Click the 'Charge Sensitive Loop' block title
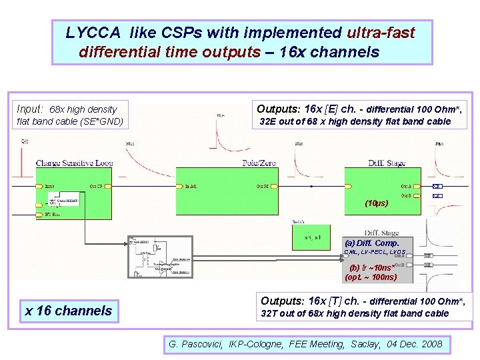pyautogui.click(x=75, y=163)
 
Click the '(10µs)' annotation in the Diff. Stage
pyautogui.click(x=376, y=203)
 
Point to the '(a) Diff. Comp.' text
pyautogui.click(x=371, y=243)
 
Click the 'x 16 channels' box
pyautogui.click(x=69, y=311)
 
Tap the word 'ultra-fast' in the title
pyautogui.click(x=381, y=33)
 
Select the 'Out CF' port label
pyautogui.click(x=96, y=186)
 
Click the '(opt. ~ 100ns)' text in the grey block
pyautogui.click(x=371, y=277)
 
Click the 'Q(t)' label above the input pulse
pyautogui.click(x=25, y=141)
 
